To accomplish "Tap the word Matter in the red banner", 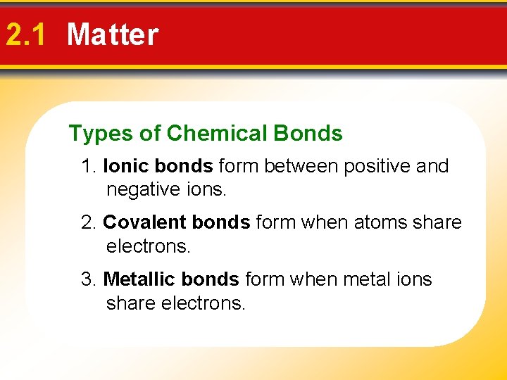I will pyautogui.click(x=113, y=34).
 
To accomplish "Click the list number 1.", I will pyautogui.click(x=88, y=167).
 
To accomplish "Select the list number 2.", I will pyautogui.click(x=88, y=223).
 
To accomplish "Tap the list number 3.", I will pyautogui.click(x=88, y=279).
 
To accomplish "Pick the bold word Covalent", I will pyautogui.click(x=138, y=223).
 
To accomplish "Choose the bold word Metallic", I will pyautogui.click(x=137, y=279).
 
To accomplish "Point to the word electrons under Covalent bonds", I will pyautogui.click(x=149, y=247).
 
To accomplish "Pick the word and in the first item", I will pyautogui.click(x=432, y=167).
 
